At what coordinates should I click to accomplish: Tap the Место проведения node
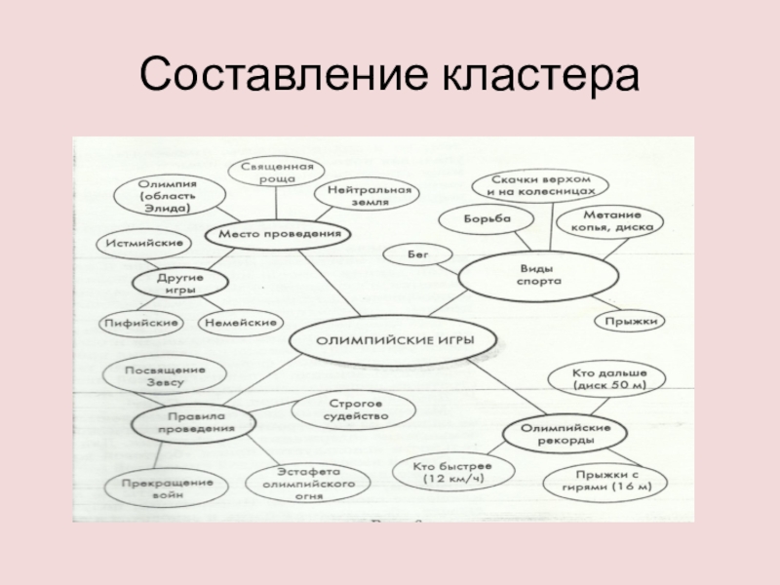279,235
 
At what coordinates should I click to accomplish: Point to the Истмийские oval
136,243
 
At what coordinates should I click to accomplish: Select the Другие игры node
180,284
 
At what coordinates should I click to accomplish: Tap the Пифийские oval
142,322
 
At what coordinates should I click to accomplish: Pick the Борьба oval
487,220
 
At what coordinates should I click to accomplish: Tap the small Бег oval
416,254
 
